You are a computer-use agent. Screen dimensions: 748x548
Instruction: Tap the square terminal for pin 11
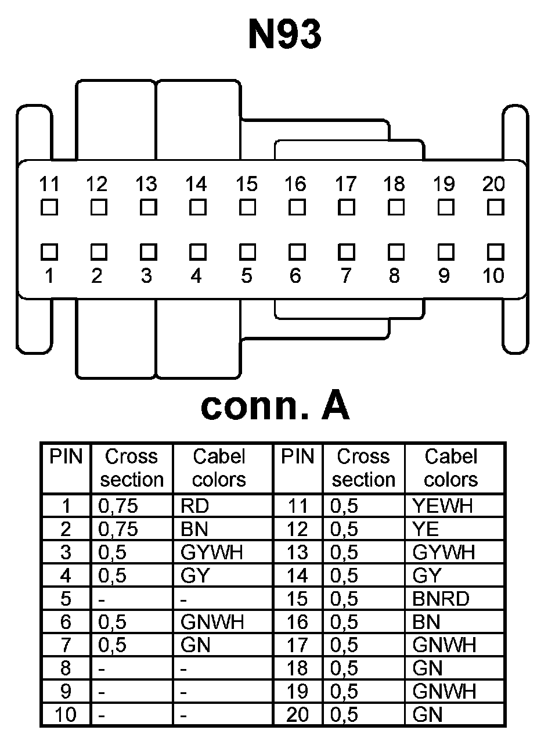tap(49, 207)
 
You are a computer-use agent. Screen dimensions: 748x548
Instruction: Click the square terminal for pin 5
tap(248, 251)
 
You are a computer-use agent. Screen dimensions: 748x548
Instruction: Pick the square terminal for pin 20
tap(495, 207)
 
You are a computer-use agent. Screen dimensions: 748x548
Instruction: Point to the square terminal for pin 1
tap(49, 251)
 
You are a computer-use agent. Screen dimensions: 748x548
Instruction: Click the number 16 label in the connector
tap(295, 185)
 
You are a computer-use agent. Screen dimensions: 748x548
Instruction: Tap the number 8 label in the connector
tap(395, 276)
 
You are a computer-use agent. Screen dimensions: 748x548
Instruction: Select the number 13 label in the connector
tap(146, 185)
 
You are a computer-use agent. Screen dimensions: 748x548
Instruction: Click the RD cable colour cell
tap(195, 506)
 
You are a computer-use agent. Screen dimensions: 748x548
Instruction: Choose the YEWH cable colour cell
tap(442, 506)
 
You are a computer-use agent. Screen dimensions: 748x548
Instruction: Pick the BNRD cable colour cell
tap(441, 599)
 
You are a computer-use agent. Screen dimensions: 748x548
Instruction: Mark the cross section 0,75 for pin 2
tap(118, 529)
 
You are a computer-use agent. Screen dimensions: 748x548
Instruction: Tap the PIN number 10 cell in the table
tap(66, 715)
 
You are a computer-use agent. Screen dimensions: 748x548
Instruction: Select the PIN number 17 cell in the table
tap(297, 645)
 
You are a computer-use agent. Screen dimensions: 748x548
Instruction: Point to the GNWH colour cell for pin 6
tap(212, 622)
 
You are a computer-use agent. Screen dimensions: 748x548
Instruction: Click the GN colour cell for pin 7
tap(196, 645)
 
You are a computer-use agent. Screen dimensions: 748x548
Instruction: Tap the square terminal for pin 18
tap(396, 207)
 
